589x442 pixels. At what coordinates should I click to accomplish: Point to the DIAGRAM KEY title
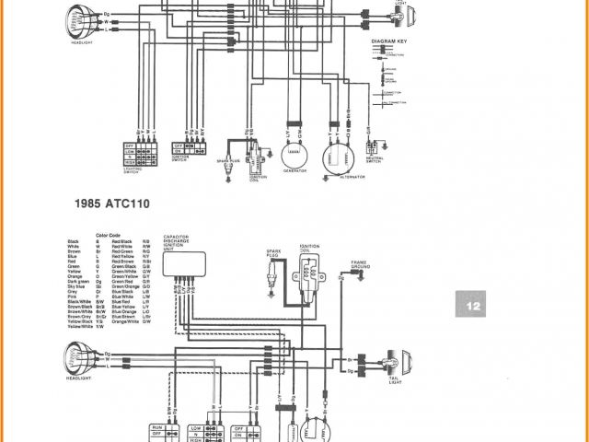tap(388, 42)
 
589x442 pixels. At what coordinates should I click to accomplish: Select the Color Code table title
tap(109, 235)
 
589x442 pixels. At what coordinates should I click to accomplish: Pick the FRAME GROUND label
tap(358, 265)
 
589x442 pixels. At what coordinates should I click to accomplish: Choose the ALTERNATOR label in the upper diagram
tap(338, 178)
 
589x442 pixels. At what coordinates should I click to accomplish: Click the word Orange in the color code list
tap(75, 273)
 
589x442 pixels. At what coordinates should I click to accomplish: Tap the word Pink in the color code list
tap(73, 295)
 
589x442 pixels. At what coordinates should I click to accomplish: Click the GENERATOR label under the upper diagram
tap(294, 171)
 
